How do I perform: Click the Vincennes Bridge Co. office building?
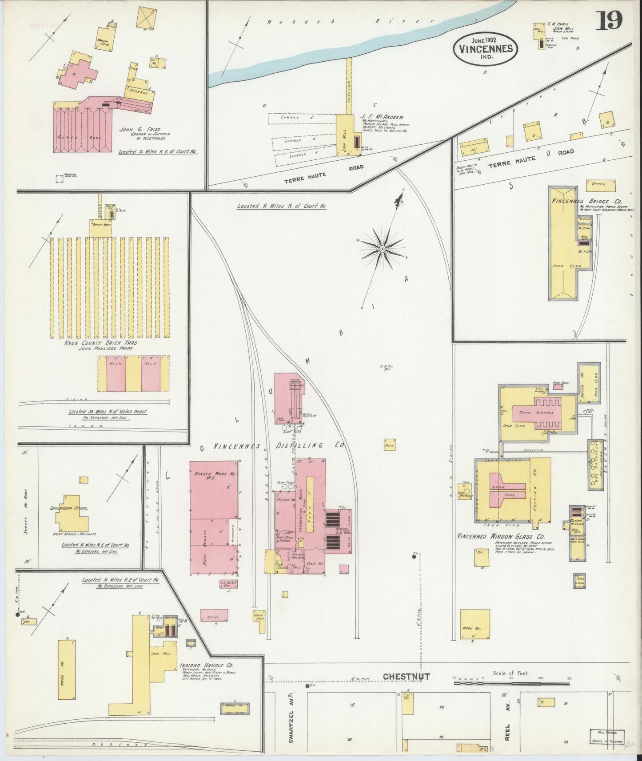coord(602,183)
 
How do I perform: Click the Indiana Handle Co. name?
coord(207,666)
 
